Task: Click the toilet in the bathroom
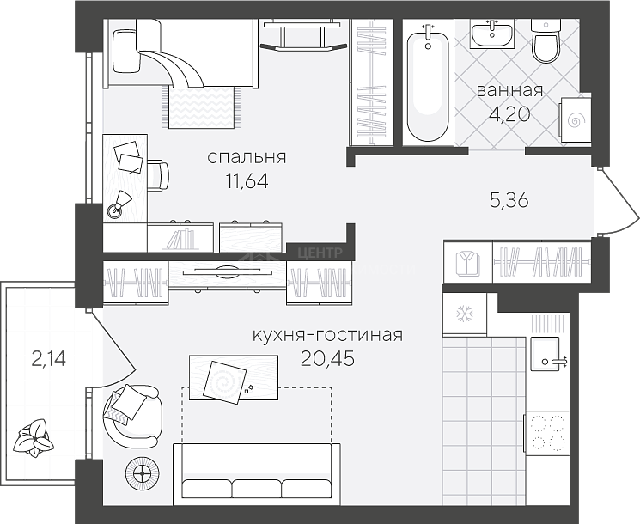click(545, 41)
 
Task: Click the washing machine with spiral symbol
click(575, 119)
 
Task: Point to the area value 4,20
click(509, 114)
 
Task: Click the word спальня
click(247, 157)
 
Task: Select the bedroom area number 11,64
click(247, 180)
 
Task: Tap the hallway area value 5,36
click(509, 200)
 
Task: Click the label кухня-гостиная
click(328, 336)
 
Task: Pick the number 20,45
click(328, 359)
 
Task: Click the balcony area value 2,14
click(48, 360)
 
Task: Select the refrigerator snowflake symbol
click(464, 314)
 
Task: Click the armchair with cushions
click(131, 414)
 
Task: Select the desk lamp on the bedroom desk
click(119, 204)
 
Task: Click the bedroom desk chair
click(158, 175)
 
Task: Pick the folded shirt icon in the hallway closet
click(467, 263)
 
